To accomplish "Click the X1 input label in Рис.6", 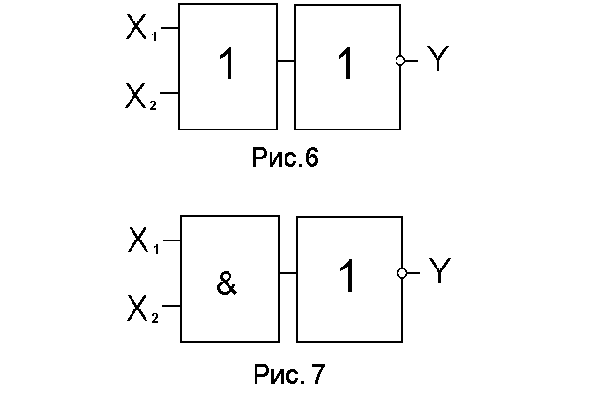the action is point(141,27).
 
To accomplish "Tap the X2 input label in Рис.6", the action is point(141,97).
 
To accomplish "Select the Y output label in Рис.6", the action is point(437,58).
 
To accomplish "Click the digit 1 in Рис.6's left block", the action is point(228,63).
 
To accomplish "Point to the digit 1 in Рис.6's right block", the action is point(346,63).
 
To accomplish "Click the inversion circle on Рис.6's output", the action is point(400,60).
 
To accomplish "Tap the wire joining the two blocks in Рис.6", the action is point(286,60).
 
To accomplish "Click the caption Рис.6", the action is point(285,158).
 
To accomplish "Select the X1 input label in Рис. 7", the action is point(143,240).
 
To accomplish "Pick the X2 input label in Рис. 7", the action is point(143,309).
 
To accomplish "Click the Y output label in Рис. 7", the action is point(439,270).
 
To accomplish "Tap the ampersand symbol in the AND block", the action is point(227,283).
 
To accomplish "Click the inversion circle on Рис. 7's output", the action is point(402,273).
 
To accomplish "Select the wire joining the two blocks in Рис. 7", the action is point(288,273).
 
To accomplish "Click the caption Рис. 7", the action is point(289,375).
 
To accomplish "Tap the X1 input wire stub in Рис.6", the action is point(170,28).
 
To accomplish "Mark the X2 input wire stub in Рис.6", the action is point(170,93).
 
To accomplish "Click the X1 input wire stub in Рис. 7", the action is point(172,240).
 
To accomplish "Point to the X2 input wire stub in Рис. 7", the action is point(172,306).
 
